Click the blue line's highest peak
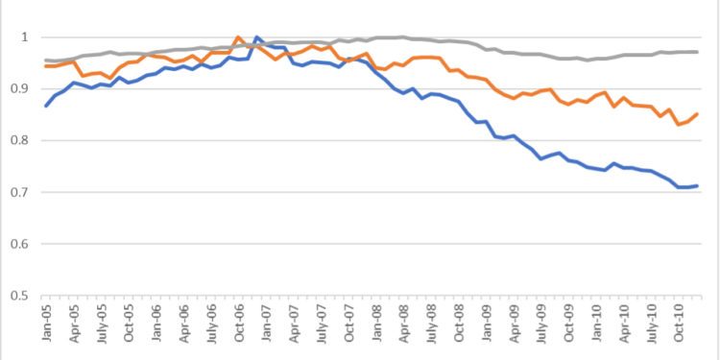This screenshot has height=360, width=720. (x=256, y=37)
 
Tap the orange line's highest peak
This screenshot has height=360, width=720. (x=238, y=37)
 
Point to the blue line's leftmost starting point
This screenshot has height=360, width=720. (x=45, y=106)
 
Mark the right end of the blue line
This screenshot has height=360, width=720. (x=697, y=185)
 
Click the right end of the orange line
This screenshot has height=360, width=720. (x=697, y=114)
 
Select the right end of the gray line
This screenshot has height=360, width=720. (x=697, y=52)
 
